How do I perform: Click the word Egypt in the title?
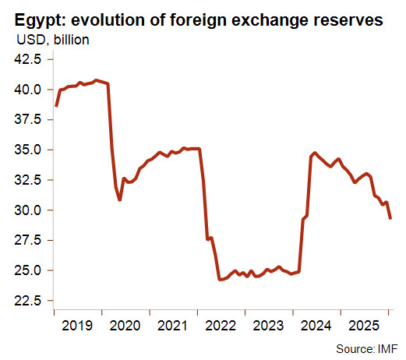pos(40,21)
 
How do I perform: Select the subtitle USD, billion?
pos(53,40)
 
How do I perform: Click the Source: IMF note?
pos(366,348)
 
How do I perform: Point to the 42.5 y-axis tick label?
pos(28,59)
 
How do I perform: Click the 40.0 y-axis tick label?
pos(28,90)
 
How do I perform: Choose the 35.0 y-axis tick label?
pos(28,150)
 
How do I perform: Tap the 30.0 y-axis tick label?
pos(28,210)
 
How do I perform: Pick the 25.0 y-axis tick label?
pos(28,270)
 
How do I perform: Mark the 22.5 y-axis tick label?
pos(28,301)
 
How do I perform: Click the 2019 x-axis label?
pos(77,326)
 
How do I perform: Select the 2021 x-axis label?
pos(172,326)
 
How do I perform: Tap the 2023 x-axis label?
pos(268,326)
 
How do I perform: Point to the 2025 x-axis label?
pos(364,326)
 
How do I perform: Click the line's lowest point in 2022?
pos(220,280)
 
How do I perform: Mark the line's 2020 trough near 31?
pos(120,200)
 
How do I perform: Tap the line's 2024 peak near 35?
pos(315,153)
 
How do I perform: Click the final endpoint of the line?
pos(390,219)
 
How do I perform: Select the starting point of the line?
pos(56,106)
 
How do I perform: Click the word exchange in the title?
pos(270,21)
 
